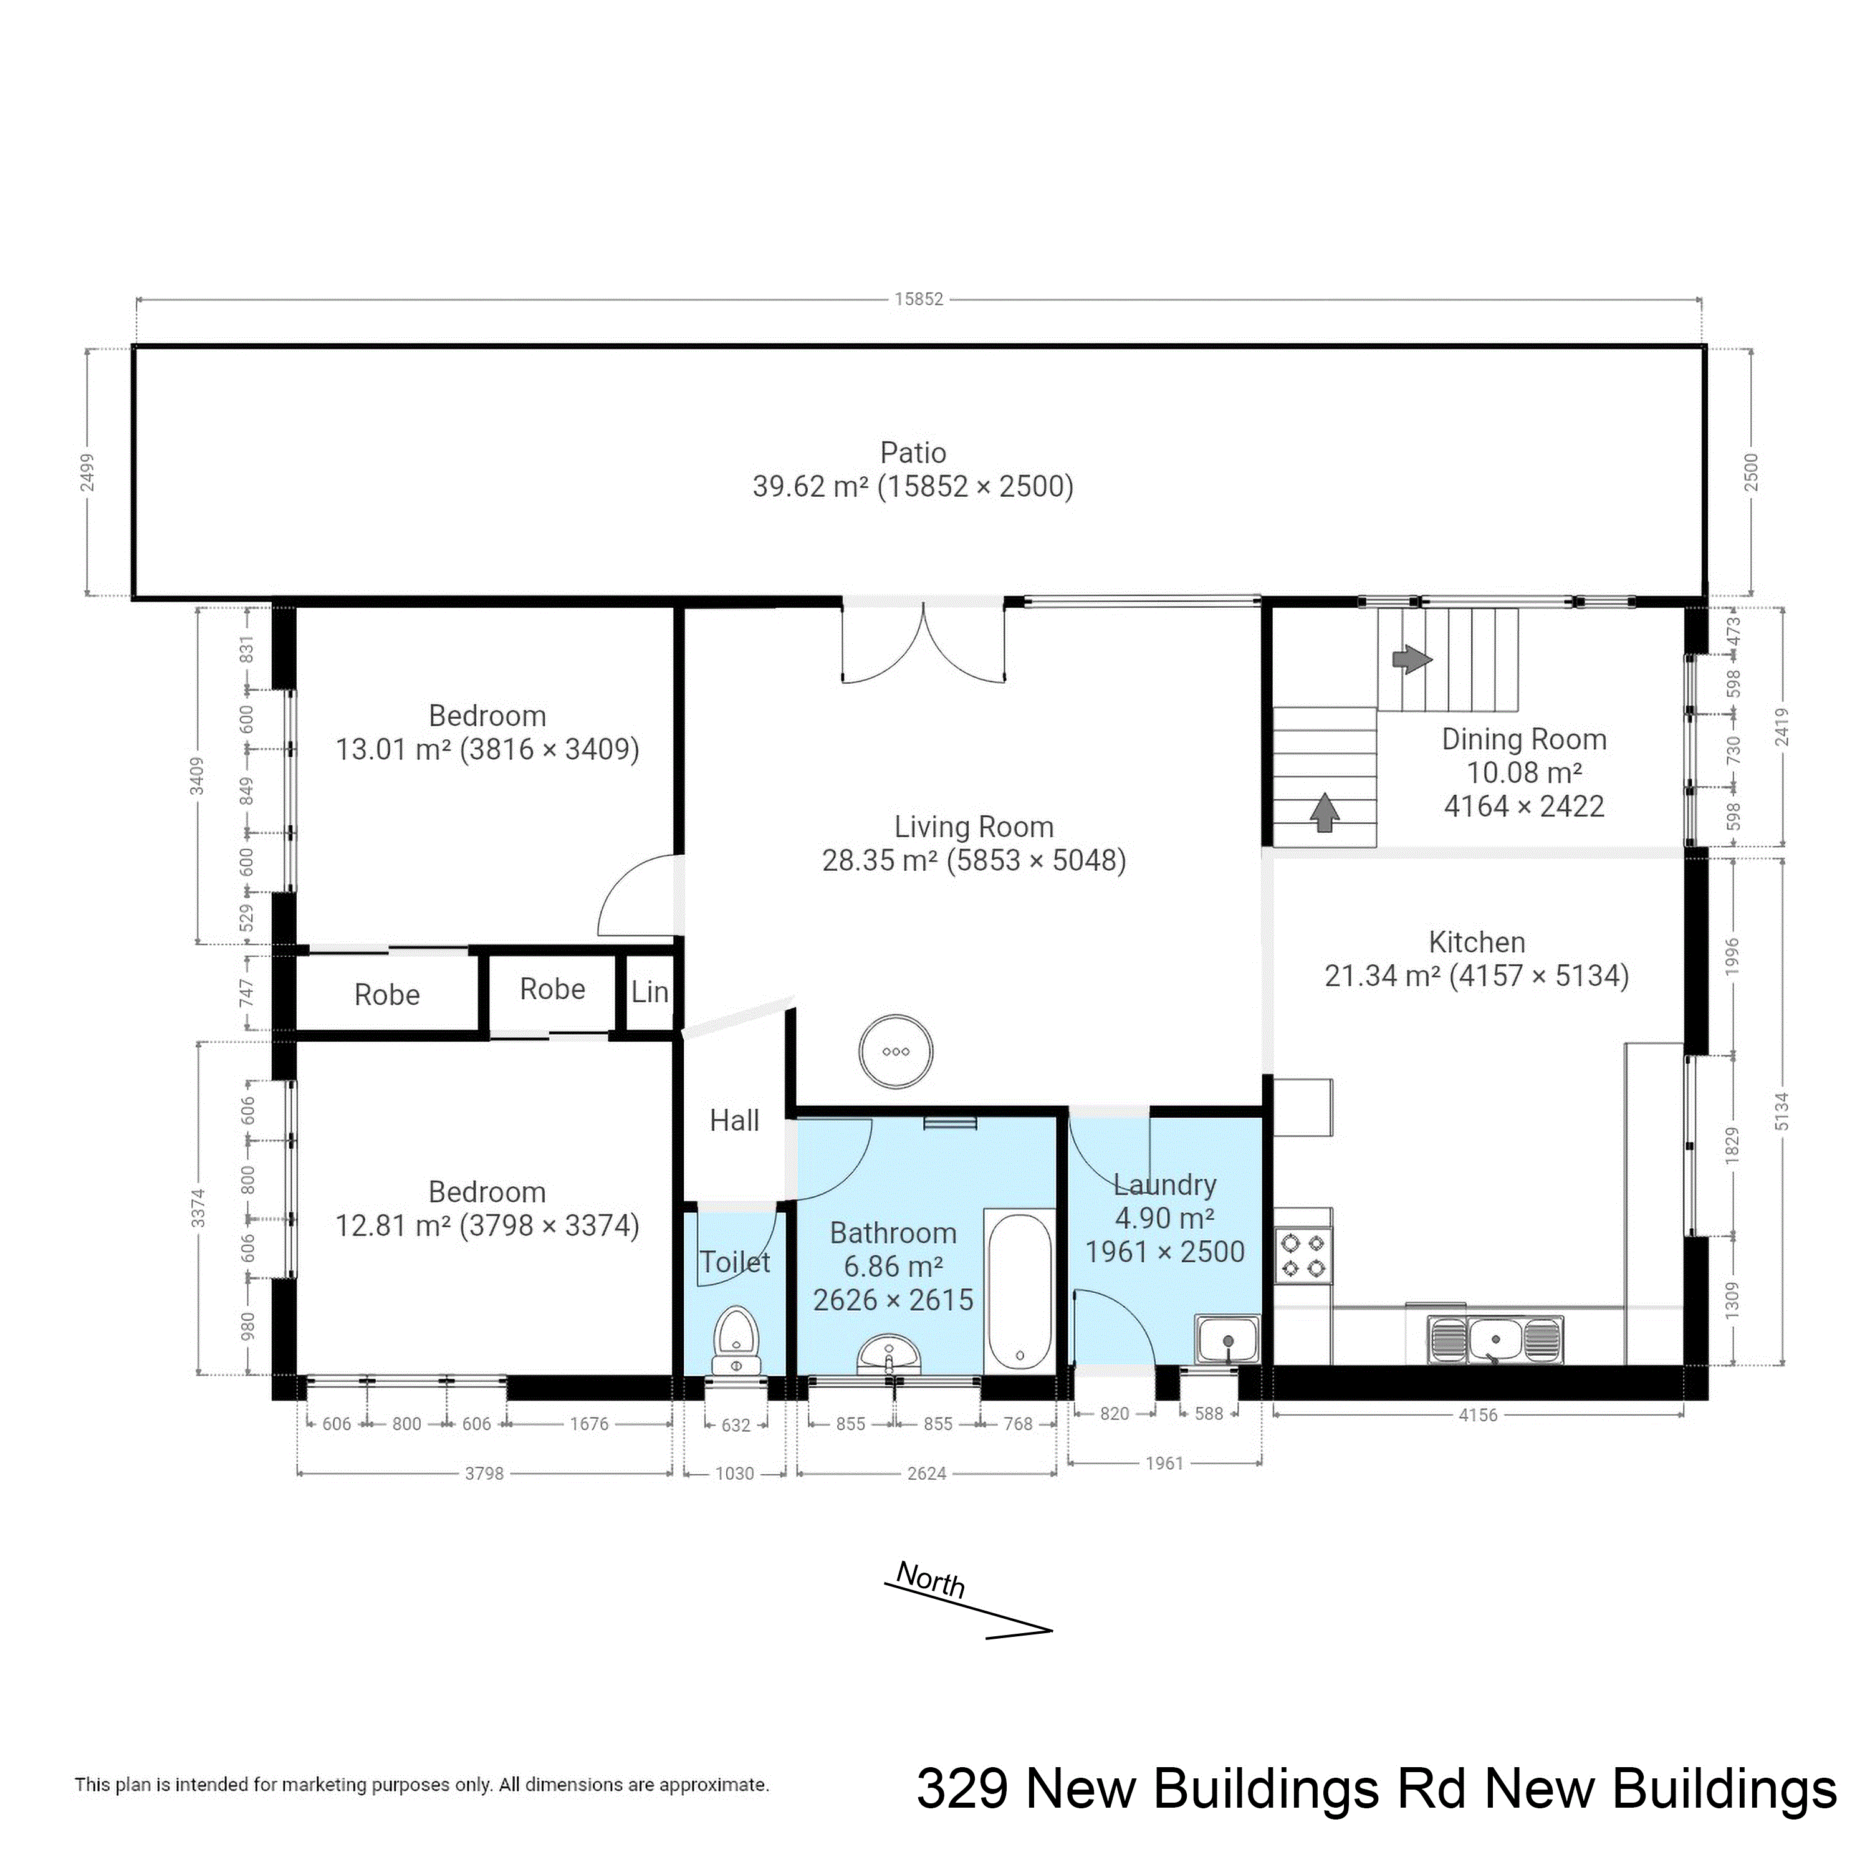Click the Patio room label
coord(913,452)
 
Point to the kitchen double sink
coord(1495,1340)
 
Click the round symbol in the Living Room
coord(896,1051)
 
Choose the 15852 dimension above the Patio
coord(919,299)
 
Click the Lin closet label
coord(650,991)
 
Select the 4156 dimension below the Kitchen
coord(1478,1415)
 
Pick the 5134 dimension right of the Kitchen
coord(1782,1111)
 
